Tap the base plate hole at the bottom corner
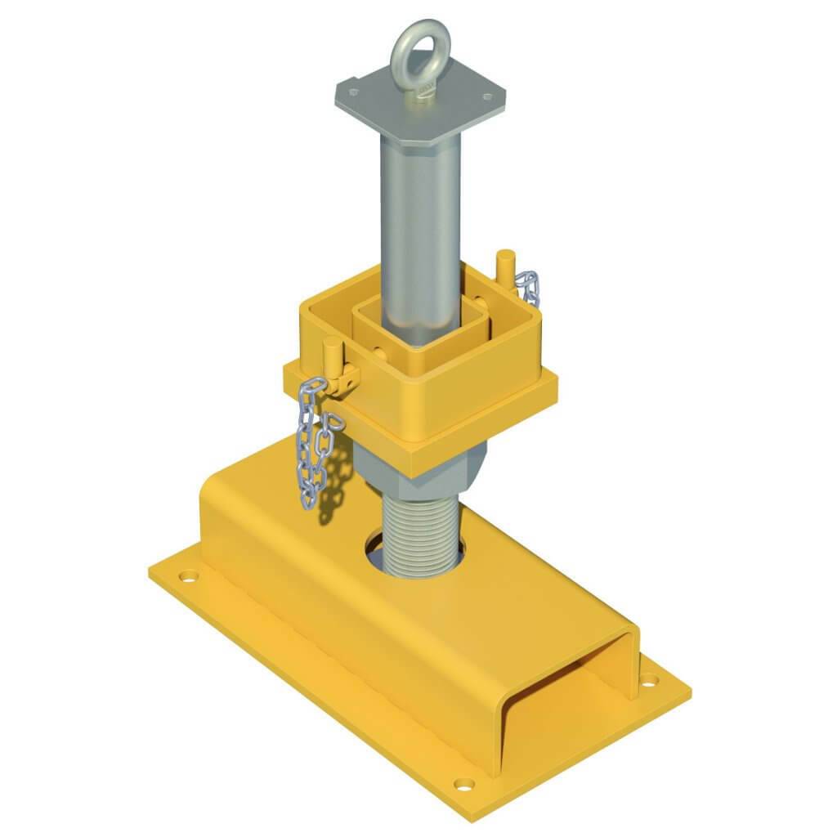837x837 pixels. (463, 784)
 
